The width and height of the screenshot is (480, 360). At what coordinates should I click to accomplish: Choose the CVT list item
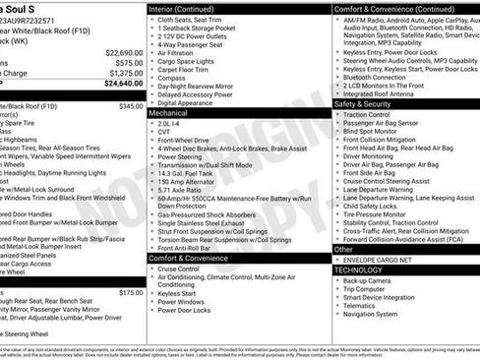point(164,135)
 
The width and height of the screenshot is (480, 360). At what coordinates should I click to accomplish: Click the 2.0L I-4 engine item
point(170,124)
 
